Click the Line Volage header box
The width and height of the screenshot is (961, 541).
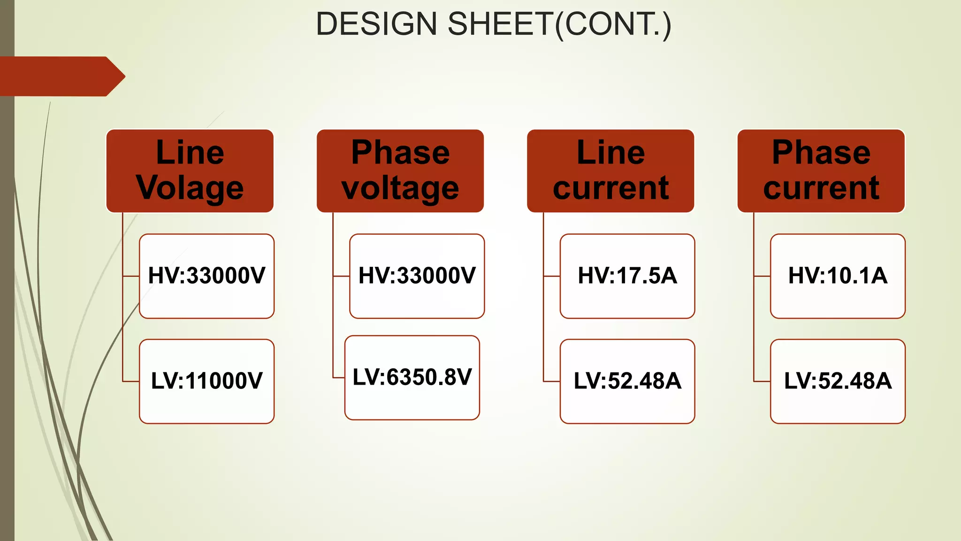[x=190, y=170]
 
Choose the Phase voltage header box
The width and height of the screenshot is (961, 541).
[x=400, y=170]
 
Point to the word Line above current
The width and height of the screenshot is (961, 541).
[x=610, y=153]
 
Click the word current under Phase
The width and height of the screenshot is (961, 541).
[x=821, y=188]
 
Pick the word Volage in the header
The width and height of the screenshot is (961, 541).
[x=190, y=188]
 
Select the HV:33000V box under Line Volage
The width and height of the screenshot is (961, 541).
[x=206, y=276]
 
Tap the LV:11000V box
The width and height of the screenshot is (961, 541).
[x=206, y=381]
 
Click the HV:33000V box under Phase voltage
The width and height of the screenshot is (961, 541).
[x=417, y=276]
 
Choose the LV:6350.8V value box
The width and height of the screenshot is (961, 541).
[x=412, y=377]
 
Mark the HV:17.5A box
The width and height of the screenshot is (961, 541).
[x=627, y=276]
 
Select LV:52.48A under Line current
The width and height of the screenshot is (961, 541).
[x=627, y=381]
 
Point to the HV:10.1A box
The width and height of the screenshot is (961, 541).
[x=838, y=276]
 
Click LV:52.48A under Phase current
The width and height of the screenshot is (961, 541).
[x=838, y=381]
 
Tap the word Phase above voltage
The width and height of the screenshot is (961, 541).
[x=400, y=153]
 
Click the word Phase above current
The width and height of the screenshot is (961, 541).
[x=821, y=153]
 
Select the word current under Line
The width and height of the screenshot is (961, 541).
[x=610, y=188]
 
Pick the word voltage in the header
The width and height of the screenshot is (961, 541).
[x=400, y=188]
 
